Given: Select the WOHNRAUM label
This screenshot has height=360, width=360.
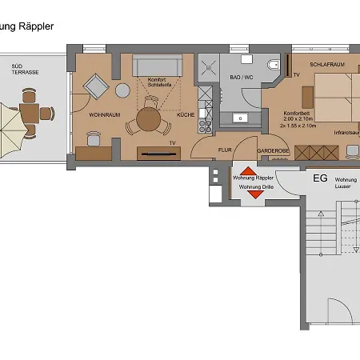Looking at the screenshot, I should [x=104, y=115].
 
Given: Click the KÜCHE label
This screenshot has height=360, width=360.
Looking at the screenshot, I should [x=186, y=115].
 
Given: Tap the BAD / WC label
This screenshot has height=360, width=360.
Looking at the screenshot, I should [x=241, y=78].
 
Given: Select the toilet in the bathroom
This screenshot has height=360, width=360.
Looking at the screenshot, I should [x=273, y=65].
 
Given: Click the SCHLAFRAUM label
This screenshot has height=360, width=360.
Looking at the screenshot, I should [x=328, y=63].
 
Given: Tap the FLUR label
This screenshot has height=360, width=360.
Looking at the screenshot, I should [x=226, y=149].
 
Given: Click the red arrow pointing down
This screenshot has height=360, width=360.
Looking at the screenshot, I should [x=255, y=194].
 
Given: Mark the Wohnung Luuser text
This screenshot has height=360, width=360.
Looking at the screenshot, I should [x=346, y=183].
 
